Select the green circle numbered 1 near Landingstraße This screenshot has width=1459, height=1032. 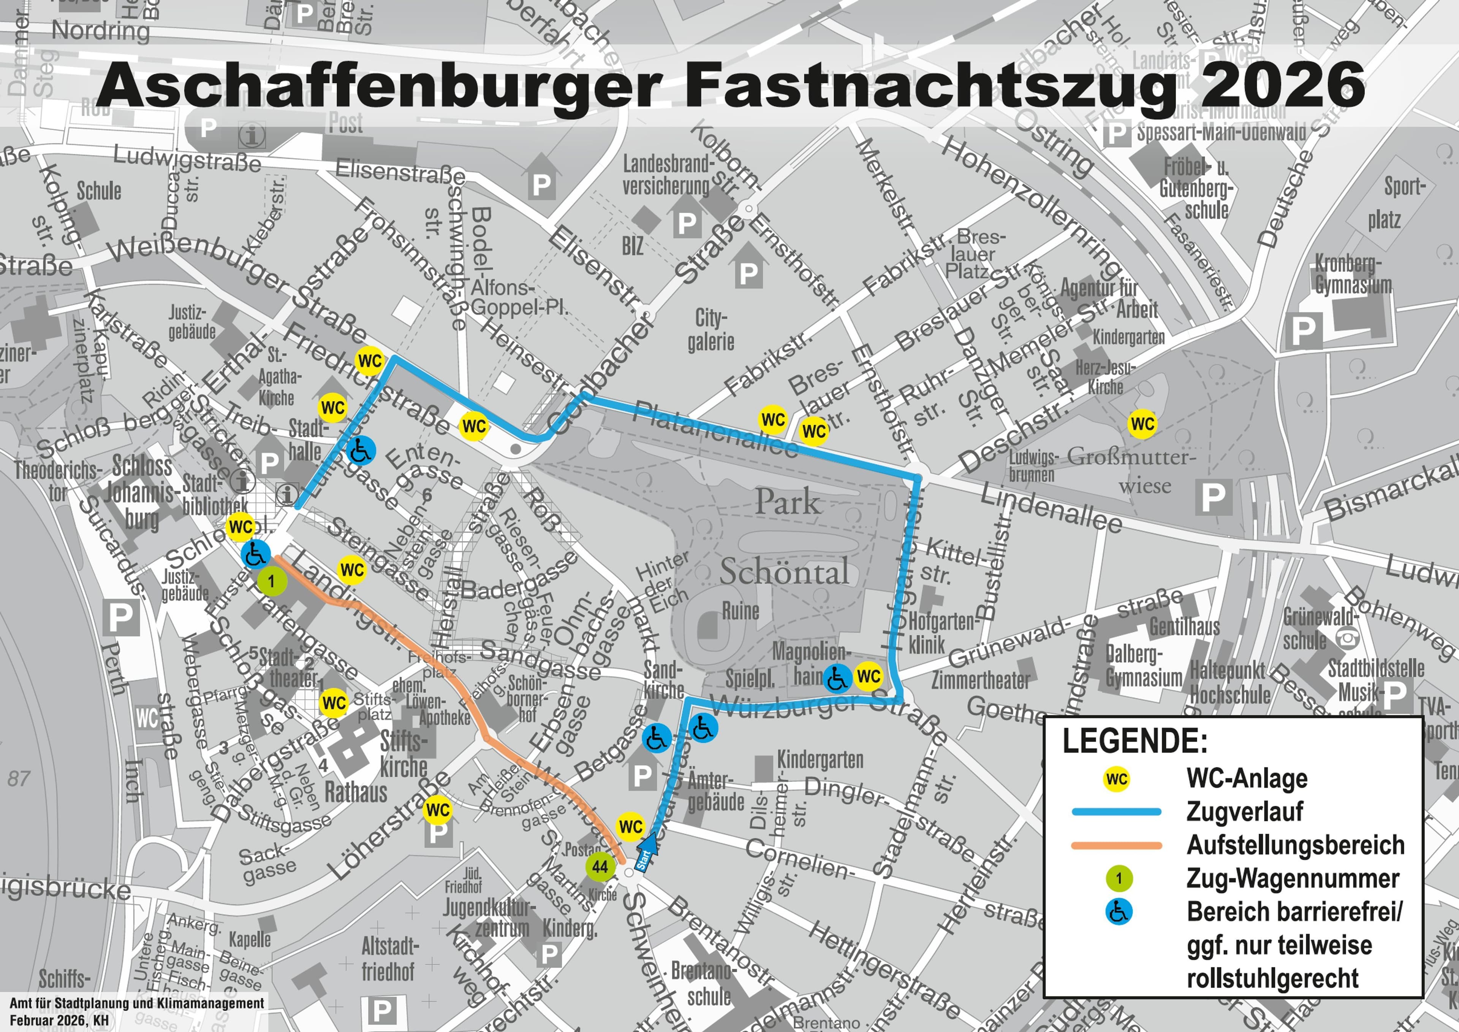[x=271, y=581]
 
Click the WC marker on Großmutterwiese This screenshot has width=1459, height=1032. [x=1142, y=424]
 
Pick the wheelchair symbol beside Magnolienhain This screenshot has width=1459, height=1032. [x=837, y=678]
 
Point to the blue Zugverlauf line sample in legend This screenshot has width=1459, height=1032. [x=1117, y=812]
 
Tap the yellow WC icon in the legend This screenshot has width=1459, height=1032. [x=1117, y=779]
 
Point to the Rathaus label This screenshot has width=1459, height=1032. [x=356, y=793]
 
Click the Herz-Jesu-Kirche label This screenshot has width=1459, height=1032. [x=1105, y=376]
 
